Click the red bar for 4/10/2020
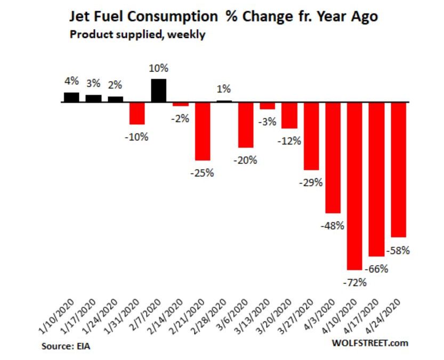pyautogui.click(x=355, y=185)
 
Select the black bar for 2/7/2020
pyautogui.click(x=159, y=90)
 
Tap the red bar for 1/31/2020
pyautogui.click(x=137, y=113)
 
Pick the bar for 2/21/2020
pyautogui.click(x=203, y=131)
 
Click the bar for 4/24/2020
pyautogui.click(x=399, y=169)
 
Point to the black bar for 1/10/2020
pyautogui.click(x=71, y=97)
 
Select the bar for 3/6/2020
pyautogui.click(x=246, y=124)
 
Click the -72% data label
pyautogui.click(x=354, y=282)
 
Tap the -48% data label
pyautogui.click(x=333, y=225)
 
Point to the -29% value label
pyautogui.click(x=311, y=182)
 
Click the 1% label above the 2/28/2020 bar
pyautogui.click(x=224, y=89)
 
